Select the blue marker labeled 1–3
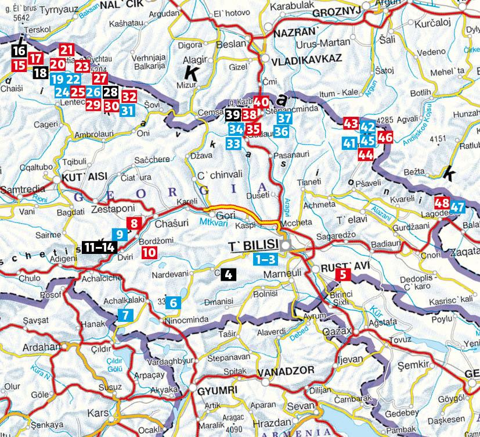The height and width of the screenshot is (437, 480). coord(268,260)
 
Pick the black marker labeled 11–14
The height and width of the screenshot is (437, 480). coord(99,246)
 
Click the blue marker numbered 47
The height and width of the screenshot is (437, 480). coord(458,206)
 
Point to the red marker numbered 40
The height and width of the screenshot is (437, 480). coord(261,101)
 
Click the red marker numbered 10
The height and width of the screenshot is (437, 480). coord(149,252)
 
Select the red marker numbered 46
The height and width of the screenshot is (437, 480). coord(385,138)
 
